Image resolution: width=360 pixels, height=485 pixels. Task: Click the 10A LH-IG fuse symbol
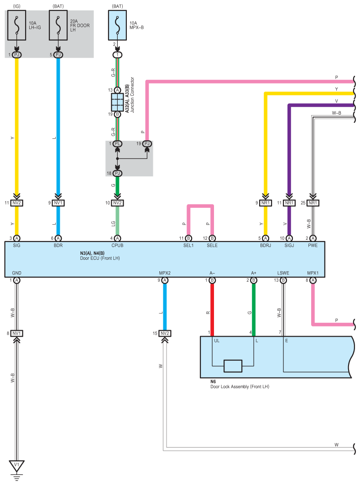click(x=17, y=26)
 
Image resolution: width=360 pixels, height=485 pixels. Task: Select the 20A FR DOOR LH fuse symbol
click(x=58, y=26)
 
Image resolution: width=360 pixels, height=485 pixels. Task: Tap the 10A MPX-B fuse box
click(x=117, y=26)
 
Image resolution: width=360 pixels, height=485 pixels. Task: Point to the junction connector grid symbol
click(x=117, y=102)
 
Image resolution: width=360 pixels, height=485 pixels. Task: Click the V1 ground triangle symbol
click(x=17, y=466)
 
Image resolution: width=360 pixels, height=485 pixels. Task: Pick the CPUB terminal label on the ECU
click(x=117, y=245)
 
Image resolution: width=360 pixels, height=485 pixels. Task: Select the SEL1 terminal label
click(x=188, y=245)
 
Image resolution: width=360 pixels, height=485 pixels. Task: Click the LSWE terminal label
click(x=283, y=273)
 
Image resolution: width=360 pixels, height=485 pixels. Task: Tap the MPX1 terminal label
click(x=313, y=273)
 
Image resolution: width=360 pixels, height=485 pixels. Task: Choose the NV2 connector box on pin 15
click(x=165, y=333)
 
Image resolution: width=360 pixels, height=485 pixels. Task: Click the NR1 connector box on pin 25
click(x=313, y=203)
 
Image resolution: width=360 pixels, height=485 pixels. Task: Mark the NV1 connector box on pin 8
click(x=17, y=333)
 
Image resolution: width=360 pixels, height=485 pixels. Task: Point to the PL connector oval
click(x=117, y=143)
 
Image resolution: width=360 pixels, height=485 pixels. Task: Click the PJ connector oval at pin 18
click(x=117, y=173)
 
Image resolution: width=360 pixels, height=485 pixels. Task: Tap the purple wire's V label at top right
click(x=337, y=101)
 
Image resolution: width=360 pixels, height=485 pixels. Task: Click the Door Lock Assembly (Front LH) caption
click(x=240, y=387)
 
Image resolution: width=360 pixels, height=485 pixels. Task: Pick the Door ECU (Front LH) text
click(x=100, y=258)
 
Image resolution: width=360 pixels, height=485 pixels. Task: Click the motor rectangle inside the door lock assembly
click(x=233, y=366)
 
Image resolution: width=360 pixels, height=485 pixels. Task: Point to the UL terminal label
click(x=217, y=341)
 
